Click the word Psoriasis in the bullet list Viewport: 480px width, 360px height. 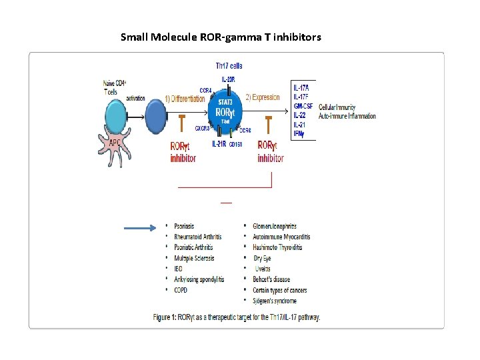click(x=184, y=226)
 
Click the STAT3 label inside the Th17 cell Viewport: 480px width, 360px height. click(x=225, y=103)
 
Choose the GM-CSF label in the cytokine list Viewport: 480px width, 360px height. click(x=303, y=106)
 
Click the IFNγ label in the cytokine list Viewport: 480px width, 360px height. click(x=300, y=134)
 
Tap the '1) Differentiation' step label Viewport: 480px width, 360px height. click(x=185, y=98)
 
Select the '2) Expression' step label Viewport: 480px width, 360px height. click(x=263, y=97)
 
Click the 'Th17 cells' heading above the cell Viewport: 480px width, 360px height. click(x=229, y=66)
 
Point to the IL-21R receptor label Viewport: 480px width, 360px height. click(x=219, y=144)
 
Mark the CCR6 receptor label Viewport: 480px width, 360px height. click(x=245, y=131)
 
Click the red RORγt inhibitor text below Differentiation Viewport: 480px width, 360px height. click(x=183, y=151)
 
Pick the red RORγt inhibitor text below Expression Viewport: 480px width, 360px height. click(x=270, y=151)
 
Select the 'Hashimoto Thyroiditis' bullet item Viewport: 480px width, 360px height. click(x=277, y=247)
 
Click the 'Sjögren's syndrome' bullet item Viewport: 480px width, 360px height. click(x=275, y=301)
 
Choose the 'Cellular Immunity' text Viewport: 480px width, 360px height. click(x=337, y=107)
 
